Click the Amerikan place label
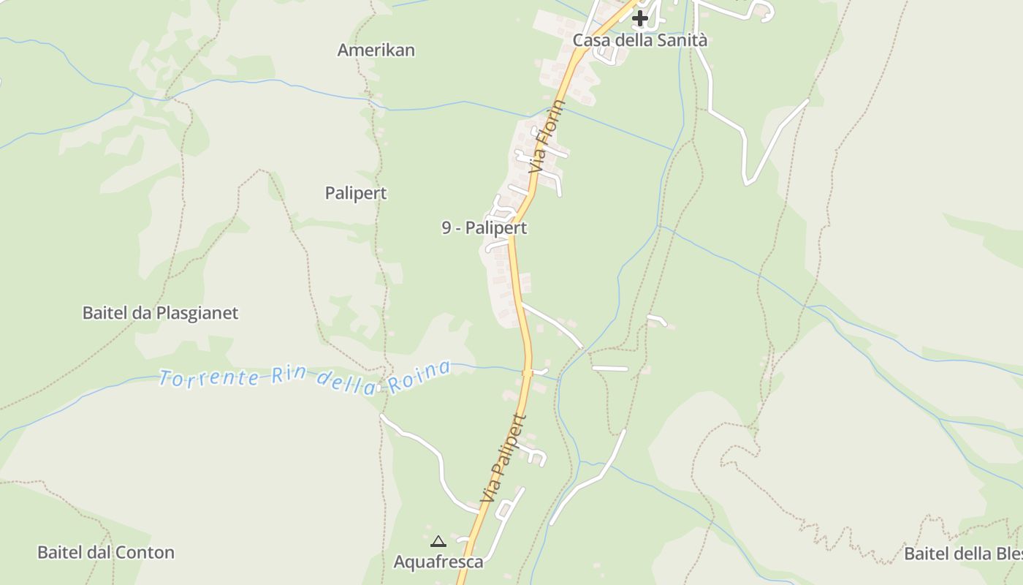click(376, 50)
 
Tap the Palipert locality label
click(356, 193)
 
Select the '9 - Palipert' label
click(484, 228)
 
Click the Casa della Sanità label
click(639, 40)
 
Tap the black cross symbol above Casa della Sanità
click(640, 18)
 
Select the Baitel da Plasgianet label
click(160, 313)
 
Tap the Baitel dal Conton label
click(106, 552)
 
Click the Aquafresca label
click(438, 562)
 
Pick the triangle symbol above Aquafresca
click(438, 542)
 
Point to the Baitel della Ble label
click(963, 554)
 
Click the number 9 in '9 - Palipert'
click(446, 228)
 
